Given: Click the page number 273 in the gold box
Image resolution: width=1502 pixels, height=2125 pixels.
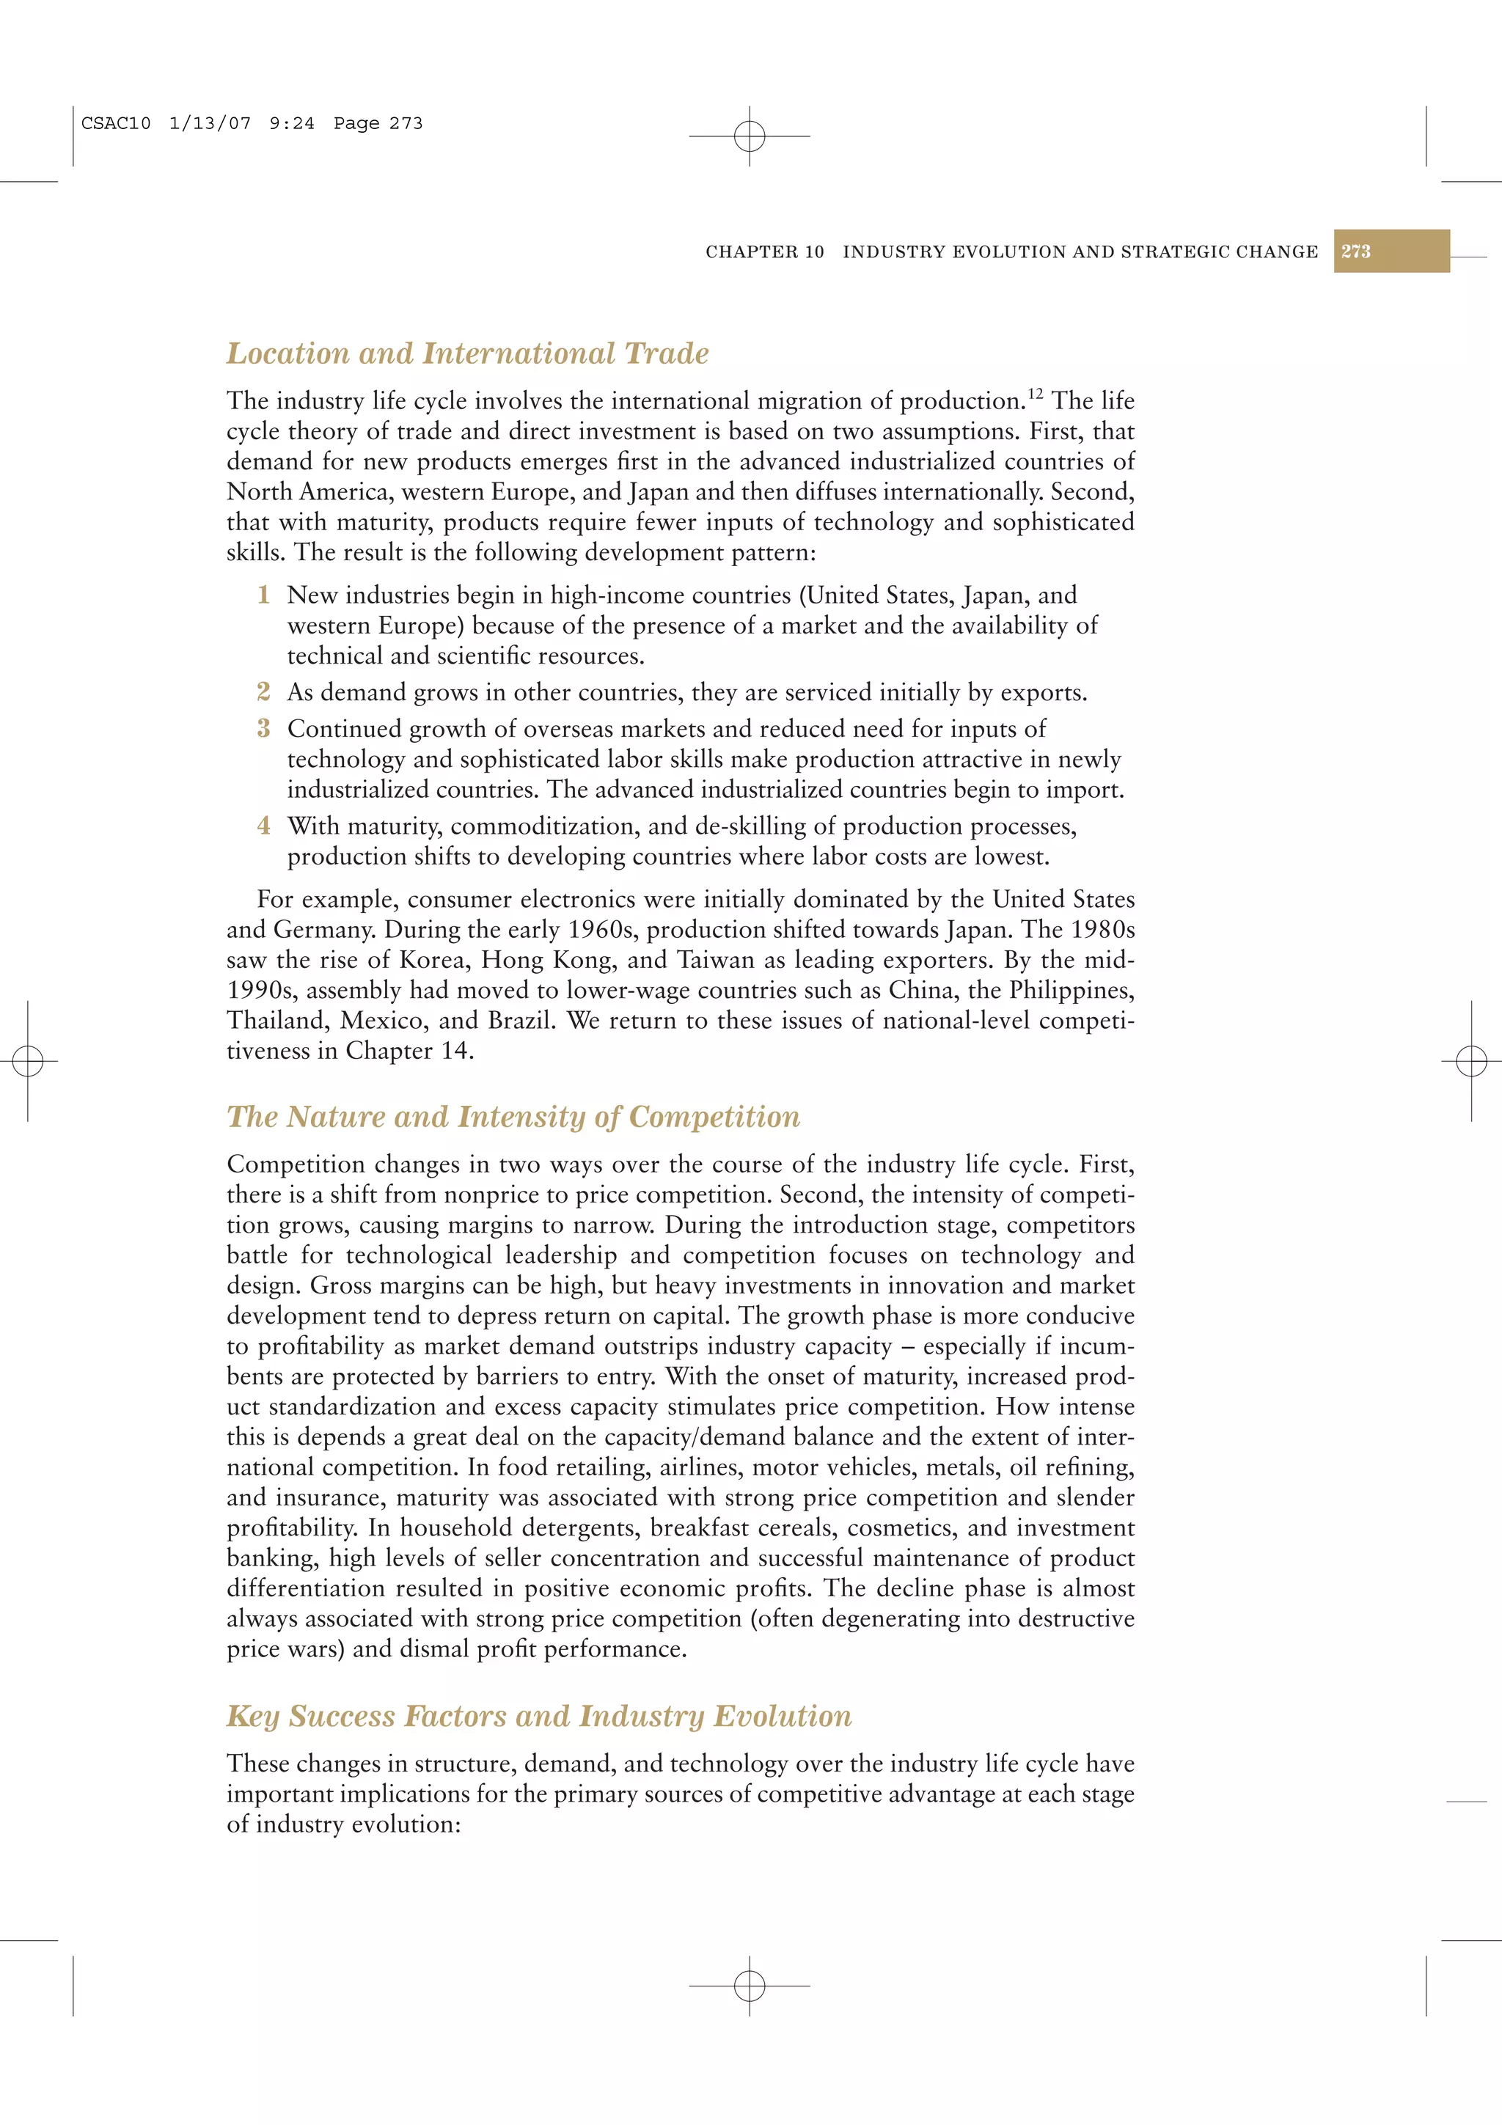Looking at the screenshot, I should pyautogui.click(x=1356, y=252).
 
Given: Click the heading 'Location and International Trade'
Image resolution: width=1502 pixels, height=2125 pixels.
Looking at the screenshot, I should pyautogui.click(x=467, y=353).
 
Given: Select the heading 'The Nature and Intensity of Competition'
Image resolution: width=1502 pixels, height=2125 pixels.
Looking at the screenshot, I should pyautogui.click(x=513, y=1117).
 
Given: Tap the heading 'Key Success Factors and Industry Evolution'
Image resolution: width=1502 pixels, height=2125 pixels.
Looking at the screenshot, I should pyautogui.click(x=538, y=1716).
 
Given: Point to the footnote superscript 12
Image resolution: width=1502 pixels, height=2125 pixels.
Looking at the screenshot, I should pyautogui.click(x=1035, y=394).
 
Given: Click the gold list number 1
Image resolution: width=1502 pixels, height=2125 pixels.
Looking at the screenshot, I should pyautogui.click(x=264, y=595).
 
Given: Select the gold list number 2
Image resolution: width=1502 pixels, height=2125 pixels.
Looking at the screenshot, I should pyautogui.click(x=264, y=692).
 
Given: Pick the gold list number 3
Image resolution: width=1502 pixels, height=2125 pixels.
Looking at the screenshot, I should pyautogui.click(x=264, y=728).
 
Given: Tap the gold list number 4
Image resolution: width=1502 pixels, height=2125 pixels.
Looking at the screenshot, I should pyautogui.click(x=264, y=826).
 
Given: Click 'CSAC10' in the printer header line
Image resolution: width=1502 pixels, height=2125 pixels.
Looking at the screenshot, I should pyautogui.click(x=116, y=123).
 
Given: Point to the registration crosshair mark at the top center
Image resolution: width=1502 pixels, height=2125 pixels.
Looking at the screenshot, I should pyautogui.click(x=750, y=136).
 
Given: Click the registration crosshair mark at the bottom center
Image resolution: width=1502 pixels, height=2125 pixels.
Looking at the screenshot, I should pyautogui.click(x=750, y=1985).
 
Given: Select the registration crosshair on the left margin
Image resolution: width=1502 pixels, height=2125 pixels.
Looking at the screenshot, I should pyautogui.click(x=28, y=1060).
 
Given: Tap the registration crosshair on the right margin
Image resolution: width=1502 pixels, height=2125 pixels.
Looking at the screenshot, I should pyautogui.click(x=1471, y=1060).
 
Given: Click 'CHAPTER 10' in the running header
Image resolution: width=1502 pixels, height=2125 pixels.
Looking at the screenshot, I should pyautogui.click(x=764, y=252).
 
